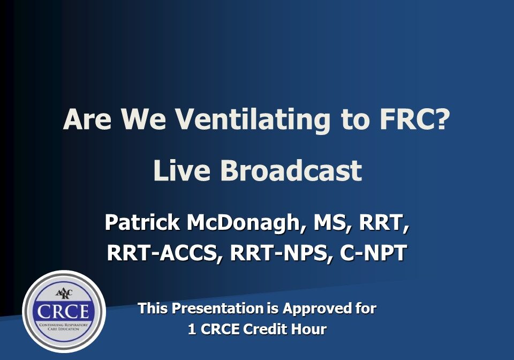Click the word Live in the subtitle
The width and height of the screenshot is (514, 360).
tap(182, 171)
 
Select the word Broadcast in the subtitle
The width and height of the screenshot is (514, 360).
tap(290, 171)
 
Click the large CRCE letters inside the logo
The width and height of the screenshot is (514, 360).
tap(64, 312)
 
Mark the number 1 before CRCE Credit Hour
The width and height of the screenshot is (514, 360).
tap(192, 329)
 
